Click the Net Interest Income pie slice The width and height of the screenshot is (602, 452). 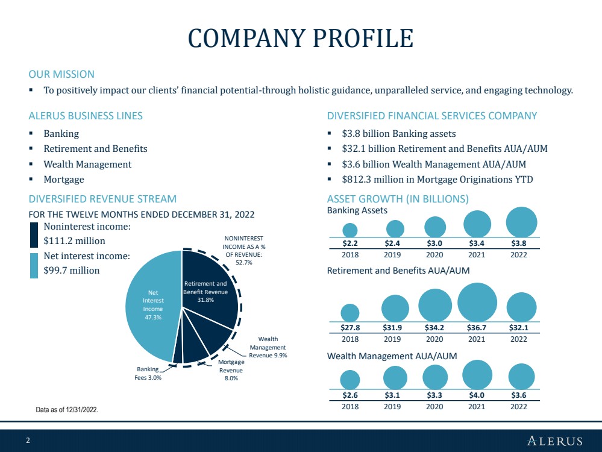(153, 306)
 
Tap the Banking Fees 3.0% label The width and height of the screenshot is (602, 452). (148, 373)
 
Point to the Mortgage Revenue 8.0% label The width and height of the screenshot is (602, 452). (231, 370)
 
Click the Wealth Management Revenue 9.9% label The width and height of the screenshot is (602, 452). (268, 347)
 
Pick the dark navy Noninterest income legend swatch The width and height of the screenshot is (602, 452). (34, 234)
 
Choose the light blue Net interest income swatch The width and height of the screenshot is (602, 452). (34, 265)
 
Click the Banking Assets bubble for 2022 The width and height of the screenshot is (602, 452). (521, 222)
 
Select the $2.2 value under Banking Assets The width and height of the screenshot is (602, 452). (350, 243)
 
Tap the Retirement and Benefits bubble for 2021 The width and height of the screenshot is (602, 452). (477, 302)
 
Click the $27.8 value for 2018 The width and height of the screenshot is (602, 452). (350, 328)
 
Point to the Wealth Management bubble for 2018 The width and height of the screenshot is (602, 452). (350, 380)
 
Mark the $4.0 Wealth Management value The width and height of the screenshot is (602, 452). (477, 395)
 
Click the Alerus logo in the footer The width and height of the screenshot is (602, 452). (554, 441)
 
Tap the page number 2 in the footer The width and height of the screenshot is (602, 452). (28, 441)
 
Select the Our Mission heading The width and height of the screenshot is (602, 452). (61, 74)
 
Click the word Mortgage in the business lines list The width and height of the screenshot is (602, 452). (64, 180)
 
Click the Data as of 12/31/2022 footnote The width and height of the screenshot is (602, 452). (67, 410)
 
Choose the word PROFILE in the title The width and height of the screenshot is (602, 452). (363, 38)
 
